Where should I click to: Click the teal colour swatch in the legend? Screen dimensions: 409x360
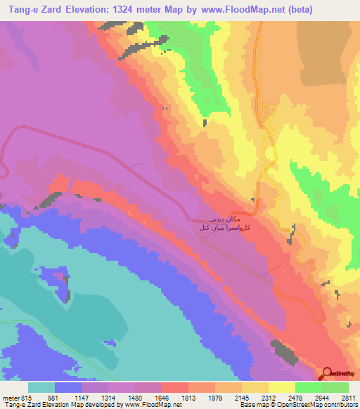41,387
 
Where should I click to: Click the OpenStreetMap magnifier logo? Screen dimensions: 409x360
327,373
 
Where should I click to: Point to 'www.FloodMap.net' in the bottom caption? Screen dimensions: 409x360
152,405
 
